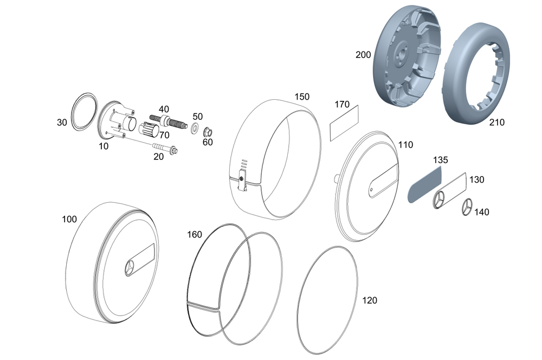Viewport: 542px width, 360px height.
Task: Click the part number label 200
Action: click(363, 55)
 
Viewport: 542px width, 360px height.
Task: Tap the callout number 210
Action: click(496, 123)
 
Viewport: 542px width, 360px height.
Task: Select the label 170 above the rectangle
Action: click(342, 105)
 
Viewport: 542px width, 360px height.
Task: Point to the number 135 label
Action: click(441, 160)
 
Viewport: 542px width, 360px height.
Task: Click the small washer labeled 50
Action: click(193, 128)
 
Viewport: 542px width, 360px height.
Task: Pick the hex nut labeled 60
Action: click(207, 132)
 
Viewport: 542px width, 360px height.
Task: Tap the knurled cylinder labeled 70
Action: click(148, 130)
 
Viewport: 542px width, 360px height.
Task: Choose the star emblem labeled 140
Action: click(468, 207)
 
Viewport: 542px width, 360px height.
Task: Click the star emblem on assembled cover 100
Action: click(131, 268)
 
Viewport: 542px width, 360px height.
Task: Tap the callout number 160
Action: click(194, 235)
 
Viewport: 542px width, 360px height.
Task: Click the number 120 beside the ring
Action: click(370, 300)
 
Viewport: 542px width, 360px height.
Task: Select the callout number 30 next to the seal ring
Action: click(62, 123)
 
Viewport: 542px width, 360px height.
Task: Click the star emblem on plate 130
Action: click(439, 200)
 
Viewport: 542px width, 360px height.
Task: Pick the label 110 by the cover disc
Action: click(405, 145)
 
